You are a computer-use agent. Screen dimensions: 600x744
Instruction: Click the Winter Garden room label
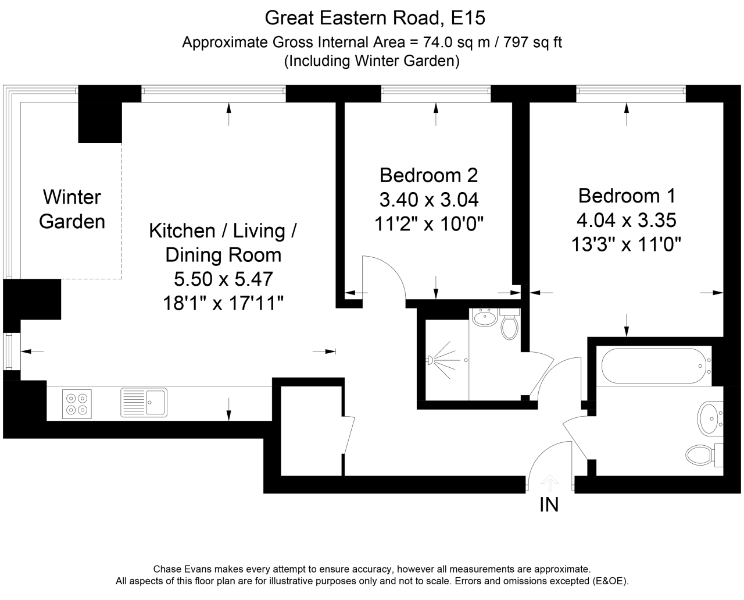click(x=72, y=210)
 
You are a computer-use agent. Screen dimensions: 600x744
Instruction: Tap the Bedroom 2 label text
click(x=428, y=175)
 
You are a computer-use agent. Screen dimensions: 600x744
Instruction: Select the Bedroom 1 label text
click(x=627, y=195)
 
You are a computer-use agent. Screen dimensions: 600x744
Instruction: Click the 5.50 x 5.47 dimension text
click(x=223, y=279)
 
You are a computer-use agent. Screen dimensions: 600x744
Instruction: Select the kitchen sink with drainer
click(x=144, y=403)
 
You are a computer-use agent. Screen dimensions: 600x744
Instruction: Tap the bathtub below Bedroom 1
click(x=656, y=366)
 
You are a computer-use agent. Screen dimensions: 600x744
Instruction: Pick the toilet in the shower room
click(x=510, y=326)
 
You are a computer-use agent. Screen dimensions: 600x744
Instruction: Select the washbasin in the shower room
click(x=484, y=318)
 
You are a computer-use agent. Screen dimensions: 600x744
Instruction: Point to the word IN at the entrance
click(x=549, y=505)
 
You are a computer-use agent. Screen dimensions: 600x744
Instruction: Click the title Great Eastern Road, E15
click(x=375, y=18)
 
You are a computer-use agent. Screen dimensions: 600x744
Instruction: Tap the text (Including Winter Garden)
click(x=371, y=61)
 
